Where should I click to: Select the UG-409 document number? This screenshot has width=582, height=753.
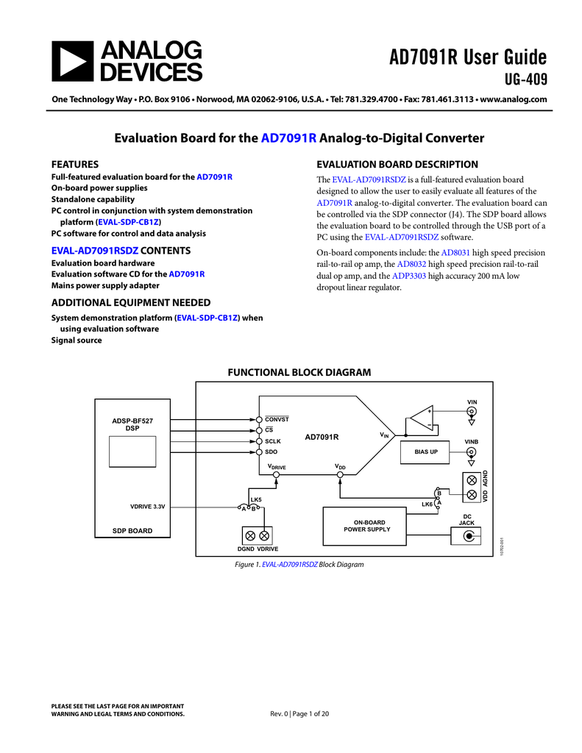[524, 79]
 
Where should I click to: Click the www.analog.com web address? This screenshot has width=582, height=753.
[513, 99]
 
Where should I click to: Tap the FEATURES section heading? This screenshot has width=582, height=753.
[74, 164]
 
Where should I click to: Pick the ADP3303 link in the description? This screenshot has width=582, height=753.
[408, 276]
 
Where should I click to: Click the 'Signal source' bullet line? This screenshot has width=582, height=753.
[77, 340]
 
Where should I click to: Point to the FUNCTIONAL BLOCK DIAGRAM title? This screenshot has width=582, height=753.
[298, 373]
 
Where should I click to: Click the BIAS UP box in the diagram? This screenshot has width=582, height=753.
[425, 452]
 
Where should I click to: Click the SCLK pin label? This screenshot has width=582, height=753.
[273, 441]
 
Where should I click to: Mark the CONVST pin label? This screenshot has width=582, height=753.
[277, 418]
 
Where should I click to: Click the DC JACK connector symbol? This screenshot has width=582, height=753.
[466, 536]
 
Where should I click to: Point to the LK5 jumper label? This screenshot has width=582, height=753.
[256, 500]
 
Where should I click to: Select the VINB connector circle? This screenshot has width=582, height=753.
[472, 452]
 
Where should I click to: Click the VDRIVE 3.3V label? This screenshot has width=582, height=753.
[148, 507]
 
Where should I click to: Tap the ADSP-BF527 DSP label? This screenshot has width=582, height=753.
[132, 424]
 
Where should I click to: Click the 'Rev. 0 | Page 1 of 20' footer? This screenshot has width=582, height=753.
[300, 714]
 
